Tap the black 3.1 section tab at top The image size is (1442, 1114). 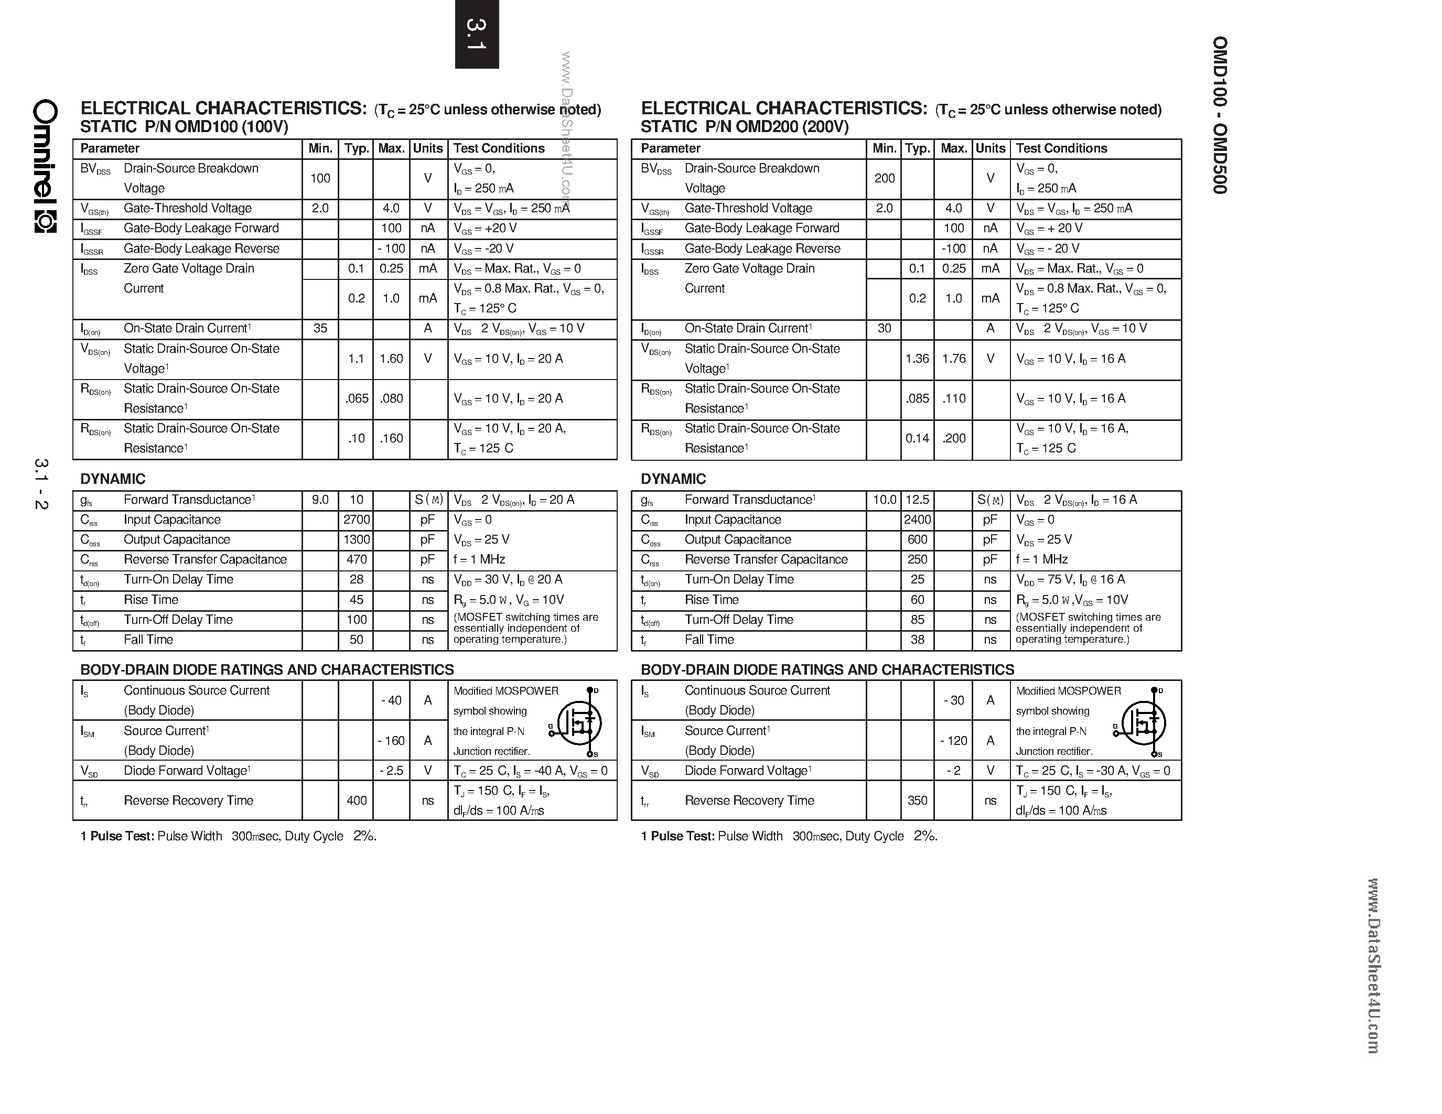(x=477, y=34)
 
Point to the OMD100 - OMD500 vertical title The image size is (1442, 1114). (x=1220, y=115)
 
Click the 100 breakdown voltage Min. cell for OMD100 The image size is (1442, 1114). (x=320, y=178)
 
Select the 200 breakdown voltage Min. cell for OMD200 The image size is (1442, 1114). (x=884, y=178)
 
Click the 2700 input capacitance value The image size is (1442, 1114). (x=357, y=520)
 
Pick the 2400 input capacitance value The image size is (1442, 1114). (x=917, y=520)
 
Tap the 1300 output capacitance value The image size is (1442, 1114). (x=357, y=539)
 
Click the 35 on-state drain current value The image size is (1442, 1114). (x=320, y=328)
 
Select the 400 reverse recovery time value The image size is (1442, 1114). (x=357, y=800)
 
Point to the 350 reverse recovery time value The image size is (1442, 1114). (x=917, y=800)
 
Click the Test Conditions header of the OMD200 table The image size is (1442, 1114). (x=1061, y=148)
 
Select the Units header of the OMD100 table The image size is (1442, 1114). (x=428, y=148)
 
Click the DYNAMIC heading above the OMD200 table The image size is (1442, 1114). (x=673, y=479)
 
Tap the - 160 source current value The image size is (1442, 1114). (x=391, y=740)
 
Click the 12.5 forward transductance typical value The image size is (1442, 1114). (x=917, y=500)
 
